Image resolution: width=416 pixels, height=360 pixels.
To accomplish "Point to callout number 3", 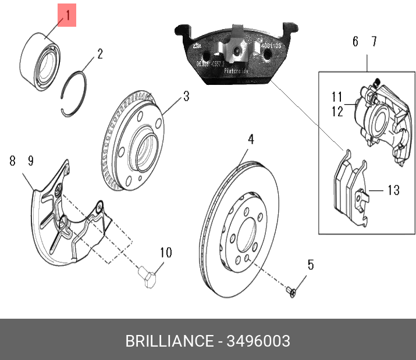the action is coord(186,96).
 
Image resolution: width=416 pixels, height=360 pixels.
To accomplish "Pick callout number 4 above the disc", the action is coord(251,140).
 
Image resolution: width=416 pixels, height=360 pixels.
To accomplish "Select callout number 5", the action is coord(310,265).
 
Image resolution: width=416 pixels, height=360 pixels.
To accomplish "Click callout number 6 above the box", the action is coord(355,42).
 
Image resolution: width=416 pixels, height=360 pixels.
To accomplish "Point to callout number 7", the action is coord(374,42).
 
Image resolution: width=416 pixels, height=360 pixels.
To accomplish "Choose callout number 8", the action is coord(12,161).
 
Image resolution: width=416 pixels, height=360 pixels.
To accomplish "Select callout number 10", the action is coord(166,252).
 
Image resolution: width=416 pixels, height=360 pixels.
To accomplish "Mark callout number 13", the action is coord(393,190).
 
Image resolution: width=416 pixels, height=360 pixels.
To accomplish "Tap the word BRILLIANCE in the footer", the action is coord(169,341).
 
